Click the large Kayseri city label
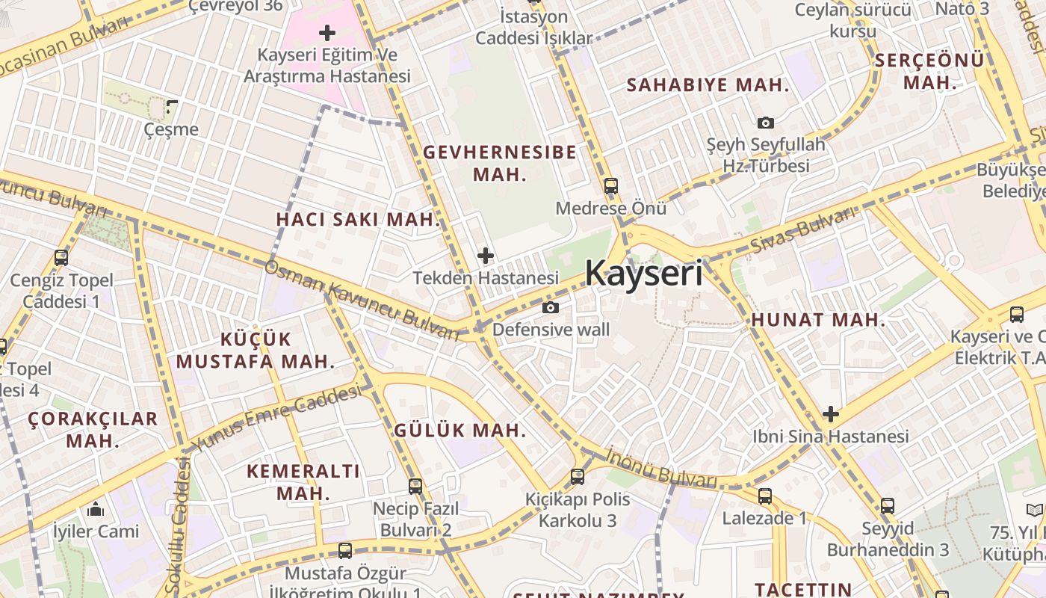(x=643, y=274)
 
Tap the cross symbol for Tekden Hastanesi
(x=486, y=256)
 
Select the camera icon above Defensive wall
(x=551, y=307)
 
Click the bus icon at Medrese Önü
(x=610, y=186)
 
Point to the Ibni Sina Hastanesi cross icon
(x=830, y=414)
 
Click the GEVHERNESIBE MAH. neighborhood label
(x=499, y=163)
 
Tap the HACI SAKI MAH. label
(x=358, y=220)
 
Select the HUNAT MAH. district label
(x=818, y=320)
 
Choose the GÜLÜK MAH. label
(x=459, y=431)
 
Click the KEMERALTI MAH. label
(x=303, y=482)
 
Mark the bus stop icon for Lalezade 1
(x=764, y=496)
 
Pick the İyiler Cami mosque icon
(x=95, y=510)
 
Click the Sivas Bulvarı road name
(x=802, y=230)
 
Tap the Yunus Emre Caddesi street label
(x=277, y=419)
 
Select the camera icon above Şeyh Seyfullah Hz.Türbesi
(x=765, y=123)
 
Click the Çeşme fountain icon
(x=172, y=107)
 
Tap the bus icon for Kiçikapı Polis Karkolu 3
(x=577, y=476)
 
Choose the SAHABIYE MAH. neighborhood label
(x=707, y=85)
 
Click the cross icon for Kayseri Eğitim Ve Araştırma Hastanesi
(x=327, y=33)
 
